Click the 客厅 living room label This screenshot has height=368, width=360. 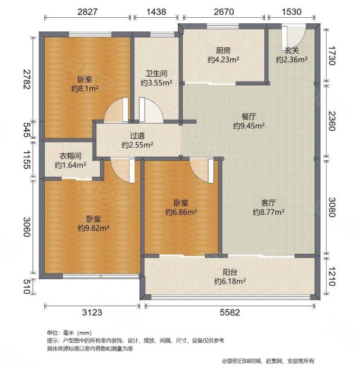(269, 202)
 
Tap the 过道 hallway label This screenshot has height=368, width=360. (137, 136)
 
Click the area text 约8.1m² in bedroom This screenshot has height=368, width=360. (85, 88)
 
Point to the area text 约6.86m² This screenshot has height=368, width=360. (180, 212)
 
